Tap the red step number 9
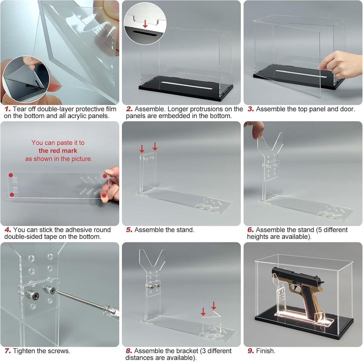250,351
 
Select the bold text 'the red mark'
58,151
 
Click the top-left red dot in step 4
11,175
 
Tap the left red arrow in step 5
142,148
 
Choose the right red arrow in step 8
214,305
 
